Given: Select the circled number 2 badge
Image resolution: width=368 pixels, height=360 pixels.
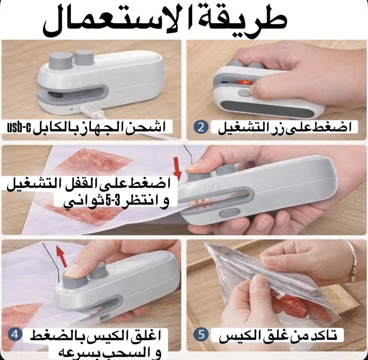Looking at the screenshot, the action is click(201, 128).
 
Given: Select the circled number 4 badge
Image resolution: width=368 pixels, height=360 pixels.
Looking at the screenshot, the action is click(15, 335).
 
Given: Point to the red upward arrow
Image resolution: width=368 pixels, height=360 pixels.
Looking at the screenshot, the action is click(61, 256).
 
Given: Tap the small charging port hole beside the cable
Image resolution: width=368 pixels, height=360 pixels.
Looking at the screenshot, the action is click(72, 109).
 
